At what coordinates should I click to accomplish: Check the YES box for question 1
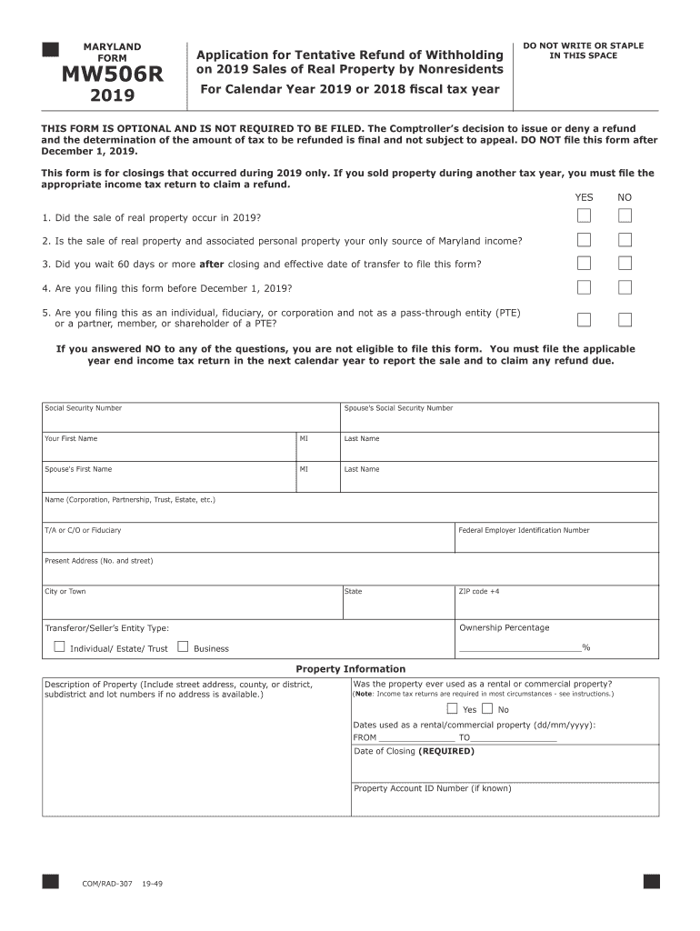584,215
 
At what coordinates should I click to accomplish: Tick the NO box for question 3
625,263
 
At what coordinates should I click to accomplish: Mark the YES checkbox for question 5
584,319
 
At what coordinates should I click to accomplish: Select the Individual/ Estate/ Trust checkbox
59,647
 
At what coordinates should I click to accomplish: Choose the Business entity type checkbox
183,647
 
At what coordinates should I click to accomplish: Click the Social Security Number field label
83,408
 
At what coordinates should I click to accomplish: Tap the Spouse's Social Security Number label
398,408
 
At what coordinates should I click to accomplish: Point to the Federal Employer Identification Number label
524,530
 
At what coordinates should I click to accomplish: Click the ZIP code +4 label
479,591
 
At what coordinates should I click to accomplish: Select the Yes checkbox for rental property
452,709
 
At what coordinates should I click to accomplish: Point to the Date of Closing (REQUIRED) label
414,751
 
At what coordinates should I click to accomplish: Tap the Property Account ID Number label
432,788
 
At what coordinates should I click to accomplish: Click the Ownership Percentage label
504,627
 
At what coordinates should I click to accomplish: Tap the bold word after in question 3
211,265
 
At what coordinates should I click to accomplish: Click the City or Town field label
65,591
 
